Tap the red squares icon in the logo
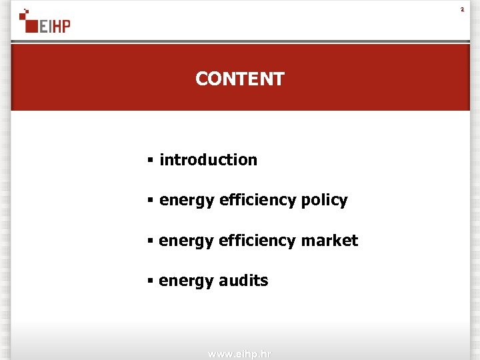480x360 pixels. click(x=28, y=20)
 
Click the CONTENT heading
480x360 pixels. click(x=240, y=79)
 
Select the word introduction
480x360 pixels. click(x=208, y=160)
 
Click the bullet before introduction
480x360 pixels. click(x=151, y=160)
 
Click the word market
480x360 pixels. click(x=329, y=241)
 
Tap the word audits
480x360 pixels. click(x=243, y=281)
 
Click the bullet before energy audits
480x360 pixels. click(x=151, y=281)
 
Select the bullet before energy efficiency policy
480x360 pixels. click(x=151, y=201)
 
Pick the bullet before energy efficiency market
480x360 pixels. click(x=151, y=241)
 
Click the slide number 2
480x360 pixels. click(x=461, y=9)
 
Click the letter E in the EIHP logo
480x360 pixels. click(x=44, y=26)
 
